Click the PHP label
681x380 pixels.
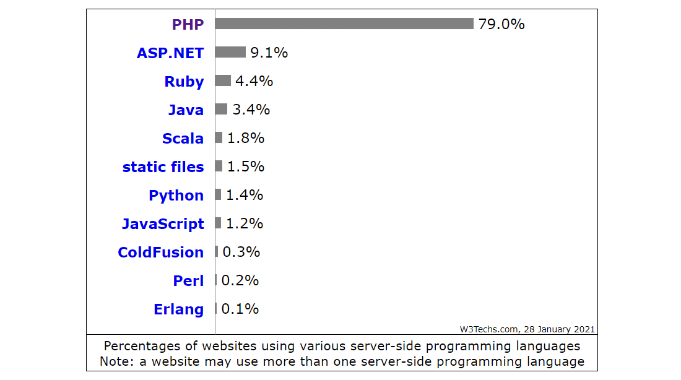coord(188,25)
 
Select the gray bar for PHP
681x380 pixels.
coord(344,24)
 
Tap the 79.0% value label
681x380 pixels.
coord(501,24)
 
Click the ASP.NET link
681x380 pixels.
coord(170,53)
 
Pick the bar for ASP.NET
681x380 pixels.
coord(230,52)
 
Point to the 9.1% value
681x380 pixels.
coord(269,53)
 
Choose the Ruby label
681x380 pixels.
coord(184,82)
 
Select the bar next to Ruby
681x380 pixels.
coord(223,80)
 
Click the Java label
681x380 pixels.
coord(186,110)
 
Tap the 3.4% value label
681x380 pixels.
coord(251,110)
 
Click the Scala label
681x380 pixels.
coord(183,139)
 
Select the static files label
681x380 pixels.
coord(163,167)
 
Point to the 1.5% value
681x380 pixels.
coord(245,166)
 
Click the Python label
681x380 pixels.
coord(176,196)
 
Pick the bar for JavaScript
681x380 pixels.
coord(218,223)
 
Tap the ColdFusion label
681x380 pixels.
coord(160,253)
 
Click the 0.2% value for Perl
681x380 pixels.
coord(240,280)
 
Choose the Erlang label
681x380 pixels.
coord(178,309)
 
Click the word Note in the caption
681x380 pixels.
coord(114,361)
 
